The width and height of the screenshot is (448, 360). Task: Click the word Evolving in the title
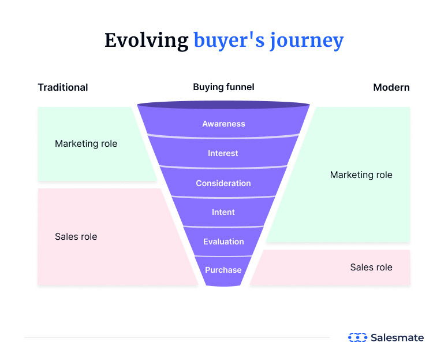coord(146,40)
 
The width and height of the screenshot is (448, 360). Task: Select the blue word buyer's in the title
coord(229,40)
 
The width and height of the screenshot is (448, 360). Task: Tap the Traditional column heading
coord(63,87)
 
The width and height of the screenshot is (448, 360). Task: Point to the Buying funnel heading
coord(223,87)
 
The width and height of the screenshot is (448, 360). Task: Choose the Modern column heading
coord(391,87)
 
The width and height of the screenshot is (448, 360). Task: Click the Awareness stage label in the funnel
coord(223,124)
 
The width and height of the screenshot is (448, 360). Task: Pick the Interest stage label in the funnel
coord(223,153)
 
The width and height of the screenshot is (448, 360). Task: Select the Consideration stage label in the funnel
coord(223,183)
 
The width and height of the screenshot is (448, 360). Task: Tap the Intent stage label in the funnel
coord(223,212)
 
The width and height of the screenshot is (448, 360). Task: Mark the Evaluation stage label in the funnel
coord(223,242)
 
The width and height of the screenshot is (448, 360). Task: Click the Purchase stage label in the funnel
coord(223,269)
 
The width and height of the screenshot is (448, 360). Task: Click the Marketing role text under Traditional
coord(86,143)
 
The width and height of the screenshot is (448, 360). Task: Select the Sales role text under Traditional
coord(76,236)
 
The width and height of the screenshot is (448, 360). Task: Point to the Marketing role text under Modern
coord(361,175)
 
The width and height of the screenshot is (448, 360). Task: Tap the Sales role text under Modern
coord(371,267)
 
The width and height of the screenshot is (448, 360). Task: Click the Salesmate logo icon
coord(357,337)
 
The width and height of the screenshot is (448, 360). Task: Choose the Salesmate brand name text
coord(397,337)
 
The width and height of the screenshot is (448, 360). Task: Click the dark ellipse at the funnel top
coord(223,105)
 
